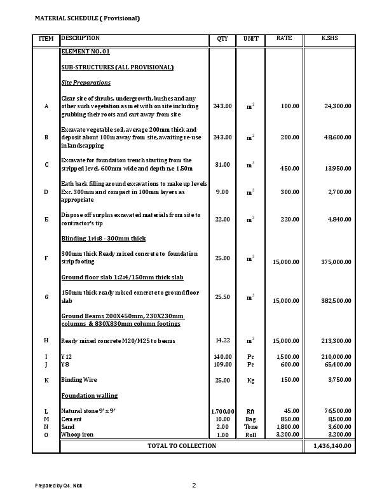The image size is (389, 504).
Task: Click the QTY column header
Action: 222,39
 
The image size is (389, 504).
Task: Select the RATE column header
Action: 284,39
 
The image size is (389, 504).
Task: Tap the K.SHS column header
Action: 329,39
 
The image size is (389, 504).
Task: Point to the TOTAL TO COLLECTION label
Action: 182,446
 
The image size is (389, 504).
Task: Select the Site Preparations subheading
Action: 86,83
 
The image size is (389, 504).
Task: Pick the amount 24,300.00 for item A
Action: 338,106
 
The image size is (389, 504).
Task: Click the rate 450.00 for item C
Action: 290,169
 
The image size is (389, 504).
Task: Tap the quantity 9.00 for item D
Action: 222,192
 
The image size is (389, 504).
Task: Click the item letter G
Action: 46,297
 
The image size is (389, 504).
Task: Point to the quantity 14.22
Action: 222,340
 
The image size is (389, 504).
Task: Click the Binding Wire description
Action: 79,380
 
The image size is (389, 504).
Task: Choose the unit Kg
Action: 250,380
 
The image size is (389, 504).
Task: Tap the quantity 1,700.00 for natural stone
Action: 222,412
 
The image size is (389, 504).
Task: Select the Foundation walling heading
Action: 89,396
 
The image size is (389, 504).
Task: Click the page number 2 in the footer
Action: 194,486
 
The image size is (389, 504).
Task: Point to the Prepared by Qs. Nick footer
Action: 58,486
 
